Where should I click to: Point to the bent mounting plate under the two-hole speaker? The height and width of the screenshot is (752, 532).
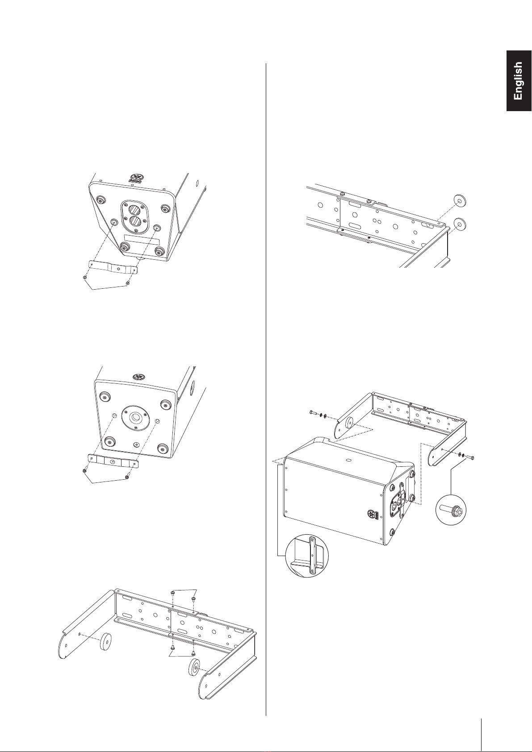pyautogui.click(x=113, y=266)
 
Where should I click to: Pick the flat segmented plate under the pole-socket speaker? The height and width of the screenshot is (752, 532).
pyautogui.click(x=113, y=461)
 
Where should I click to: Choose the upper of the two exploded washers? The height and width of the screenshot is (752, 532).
pyautogui.click(x=459, y=201)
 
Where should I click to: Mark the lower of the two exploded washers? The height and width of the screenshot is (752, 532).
pyautogui.click(x=459, y=223)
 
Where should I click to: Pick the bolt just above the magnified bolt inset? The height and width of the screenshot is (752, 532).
pyautogui.click(x=471, y=457)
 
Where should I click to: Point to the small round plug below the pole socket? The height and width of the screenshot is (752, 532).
pyautogui.click(x=136, y=444)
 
